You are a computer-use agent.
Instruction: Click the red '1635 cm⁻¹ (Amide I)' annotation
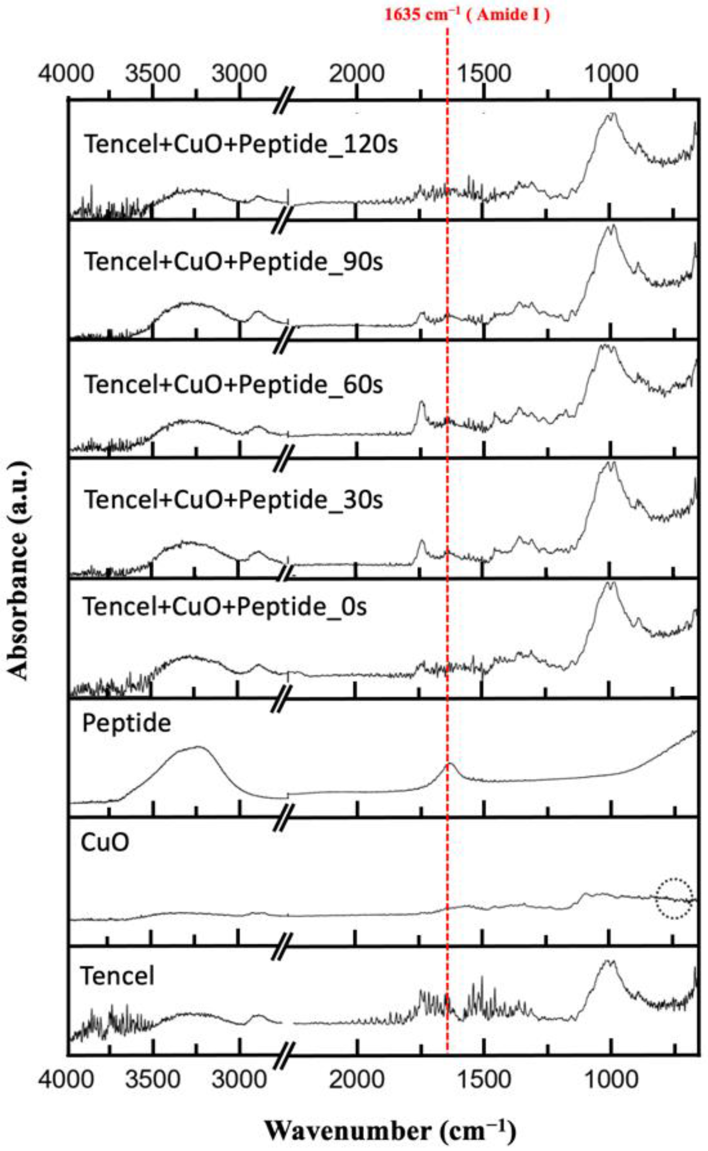pos(467,15)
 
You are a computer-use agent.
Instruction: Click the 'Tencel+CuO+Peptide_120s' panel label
pos(241,144)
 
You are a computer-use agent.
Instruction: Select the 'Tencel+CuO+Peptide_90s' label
pos(233,261)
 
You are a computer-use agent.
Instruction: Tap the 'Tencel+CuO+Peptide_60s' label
pos(233,384)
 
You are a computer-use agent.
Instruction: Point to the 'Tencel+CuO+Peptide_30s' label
pos(233,499)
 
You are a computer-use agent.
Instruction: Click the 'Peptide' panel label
pos(126,723)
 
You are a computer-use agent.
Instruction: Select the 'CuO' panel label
pos(105,843)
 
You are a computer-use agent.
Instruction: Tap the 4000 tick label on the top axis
pos(67,74)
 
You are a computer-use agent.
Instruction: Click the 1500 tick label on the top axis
pos(484,74)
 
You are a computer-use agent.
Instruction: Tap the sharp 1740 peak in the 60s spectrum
pos(421,402)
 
